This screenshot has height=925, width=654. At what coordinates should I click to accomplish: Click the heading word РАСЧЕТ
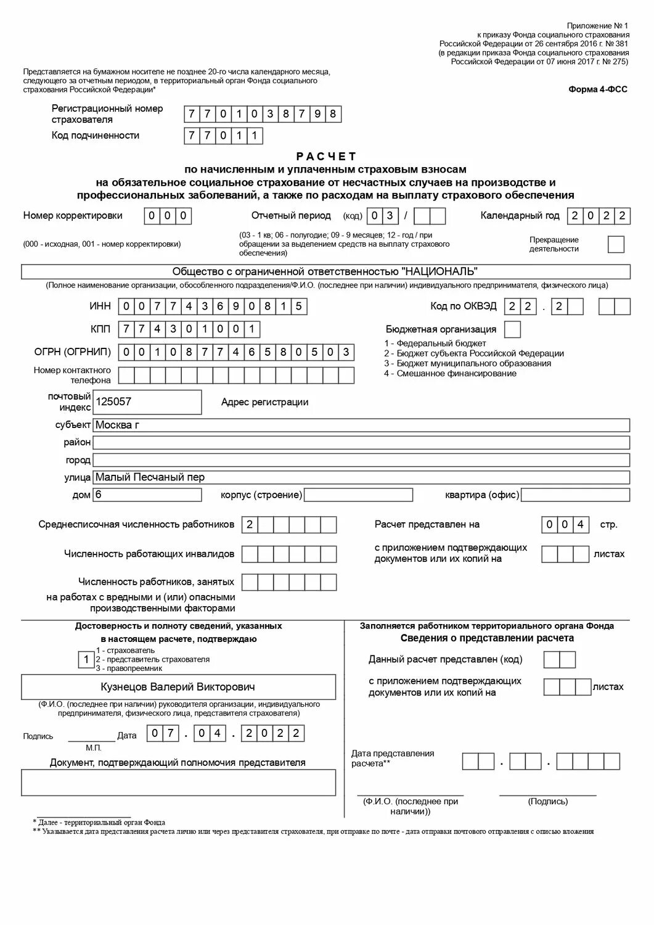(326, 157)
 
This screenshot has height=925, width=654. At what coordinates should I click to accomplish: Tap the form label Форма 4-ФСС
(597, 89)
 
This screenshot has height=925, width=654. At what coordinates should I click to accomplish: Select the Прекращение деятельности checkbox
(616, 245)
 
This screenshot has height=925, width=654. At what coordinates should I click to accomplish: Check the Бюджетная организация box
(512, 329)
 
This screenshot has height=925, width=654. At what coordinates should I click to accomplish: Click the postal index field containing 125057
(148, 402)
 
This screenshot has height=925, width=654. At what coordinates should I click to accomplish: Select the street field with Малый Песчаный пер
(361, 477)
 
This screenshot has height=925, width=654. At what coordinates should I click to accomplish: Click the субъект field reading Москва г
(361, 425)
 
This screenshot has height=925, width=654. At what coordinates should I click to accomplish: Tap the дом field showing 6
(147, 495)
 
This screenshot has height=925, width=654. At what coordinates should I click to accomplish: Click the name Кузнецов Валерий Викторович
(178, 687)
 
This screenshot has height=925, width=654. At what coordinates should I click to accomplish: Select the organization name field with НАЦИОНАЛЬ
(325, 272)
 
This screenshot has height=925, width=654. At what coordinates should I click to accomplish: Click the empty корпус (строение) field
(359, 495)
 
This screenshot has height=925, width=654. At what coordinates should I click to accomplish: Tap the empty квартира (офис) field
(576, 495)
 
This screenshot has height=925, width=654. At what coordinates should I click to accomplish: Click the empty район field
(361, 443)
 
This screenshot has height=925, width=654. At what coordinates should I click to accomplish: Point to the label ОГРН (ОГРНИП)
(73, 352)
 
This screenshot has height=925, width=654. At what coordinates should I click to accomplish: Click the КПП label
(100, 329)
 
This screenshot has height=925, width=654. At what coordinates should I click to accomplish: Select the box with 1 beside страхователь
(86, 660)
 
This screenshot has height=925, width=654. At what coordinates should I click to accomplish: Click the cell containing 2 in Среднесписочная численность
(250, 525)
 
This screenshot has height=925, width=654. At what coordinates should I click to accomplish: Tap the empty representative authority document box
(178, 783)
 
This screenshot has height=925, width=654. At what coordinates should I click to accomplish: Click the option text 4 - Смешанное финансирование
(450, 374)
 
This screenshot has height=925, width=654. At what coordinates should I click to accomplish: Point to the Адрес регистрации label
(264, 402)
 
